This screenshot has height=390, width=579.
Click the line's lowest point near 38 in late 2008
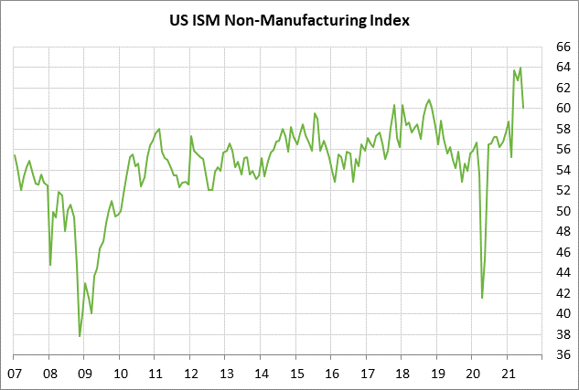(x=80, y=336)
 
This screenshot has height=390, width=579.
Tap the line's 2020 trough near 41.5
(x=482, y=297)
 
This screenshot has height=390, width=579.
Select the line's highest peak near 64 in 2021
(x=520, y=68)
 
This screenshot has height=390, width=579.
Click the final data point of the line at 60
(x=523, y=108)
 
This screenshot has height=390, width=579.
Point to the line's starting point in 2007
(x=15, y=155)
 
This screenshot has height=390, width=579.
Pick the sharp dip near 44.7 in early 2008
(x=50, y=265)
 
